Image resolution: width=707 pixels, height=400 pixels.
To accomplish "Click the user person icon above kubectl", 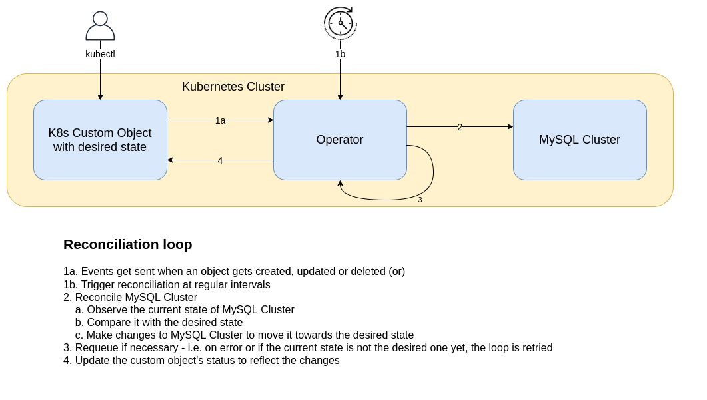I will pos(100,27).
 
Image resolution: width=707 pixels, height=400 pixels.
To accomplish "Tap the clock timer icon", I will pos(341,23).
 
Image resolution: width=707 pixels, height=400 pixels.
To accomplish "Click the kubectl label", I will pos(100,54).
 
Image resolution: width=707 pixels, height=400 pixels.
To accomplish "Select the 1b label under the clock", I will pos(340,54).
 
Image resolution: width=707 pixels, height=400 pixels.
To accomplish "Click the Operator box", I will pos(340,140).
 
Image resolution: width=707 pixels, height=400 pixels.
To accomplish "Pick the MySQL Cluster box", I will pos(580,140).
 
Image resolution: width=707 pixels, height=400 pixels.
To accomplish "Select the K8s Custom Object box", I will pos(100,140).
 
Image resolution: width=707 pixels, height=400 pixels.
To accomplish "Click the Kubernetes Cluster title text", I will pos(233,87).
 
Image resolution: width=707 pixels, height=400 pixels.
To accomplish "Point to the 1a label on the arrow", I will pos(220,120).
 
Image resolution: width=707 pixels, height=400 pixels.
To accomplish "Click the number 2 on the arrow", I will pos(460,127).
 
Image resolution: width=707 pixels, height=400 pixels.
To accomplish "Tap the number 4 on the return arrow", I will pos(220,160).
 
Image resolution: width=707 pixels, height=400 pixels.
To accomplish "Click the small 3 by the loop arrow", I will pos(420,200).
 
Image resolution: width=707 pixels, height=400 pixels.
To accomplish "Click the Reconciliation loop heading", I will pos(127,244).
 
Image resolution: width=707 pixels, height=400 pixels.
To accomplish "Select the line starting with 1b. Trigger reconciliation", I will pos(167,285).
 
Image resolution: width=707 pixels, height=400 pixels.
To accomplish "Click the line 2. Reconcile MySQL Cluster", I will pos(130,298).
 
